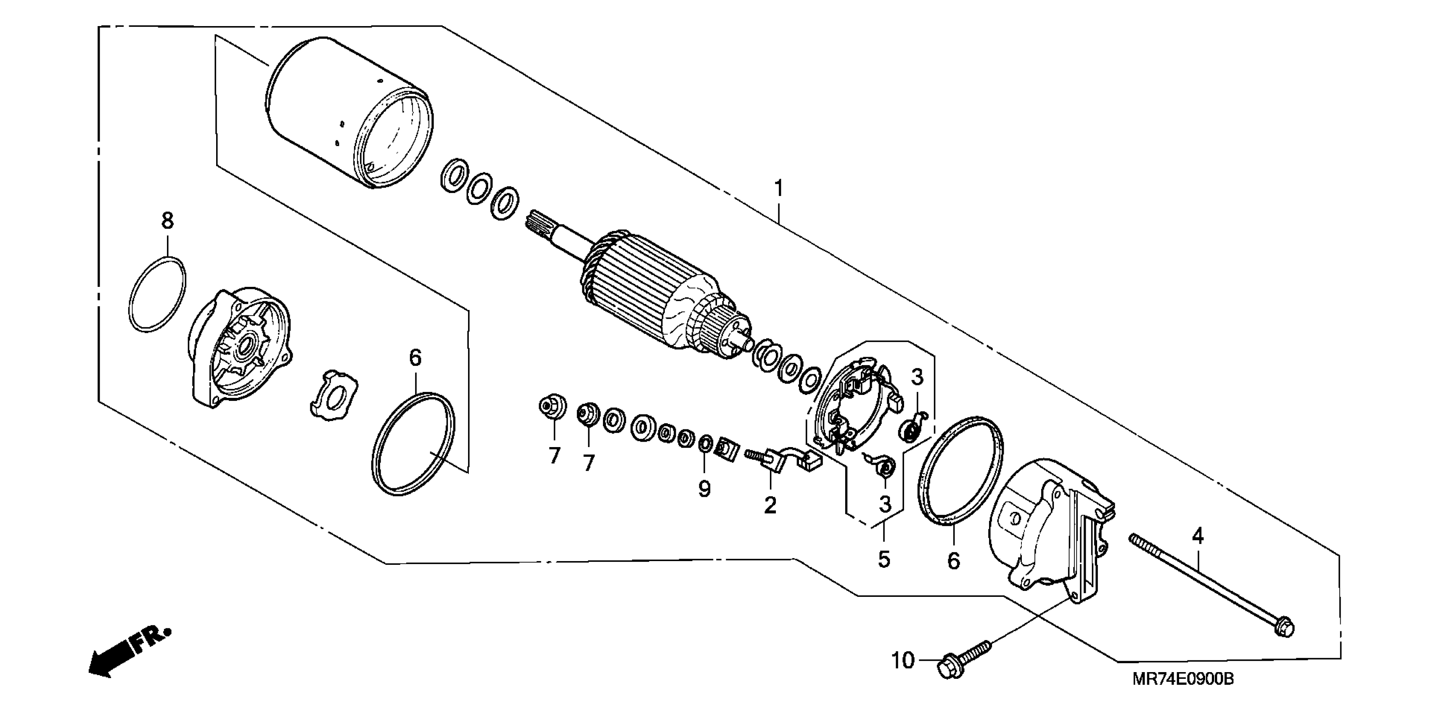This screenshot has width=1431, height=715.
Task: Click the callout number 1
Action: click(x=779, y=189)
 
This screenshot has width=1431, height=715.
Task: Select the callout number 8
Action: click(x=167, y=221)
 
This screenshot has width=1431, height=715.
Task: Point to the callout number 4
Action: click(x=1198, y=536)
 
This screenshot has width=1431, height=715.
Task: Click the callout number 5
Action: click(x=884, y=559)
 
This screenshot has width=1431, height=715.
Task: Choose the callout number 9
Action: click(x=704, y=489)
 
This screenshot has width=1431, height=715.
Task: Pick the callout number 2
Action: click(x=770, y=506)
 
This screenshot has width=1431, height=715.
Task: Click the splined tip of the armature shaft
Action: click(x=538, y=223)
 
